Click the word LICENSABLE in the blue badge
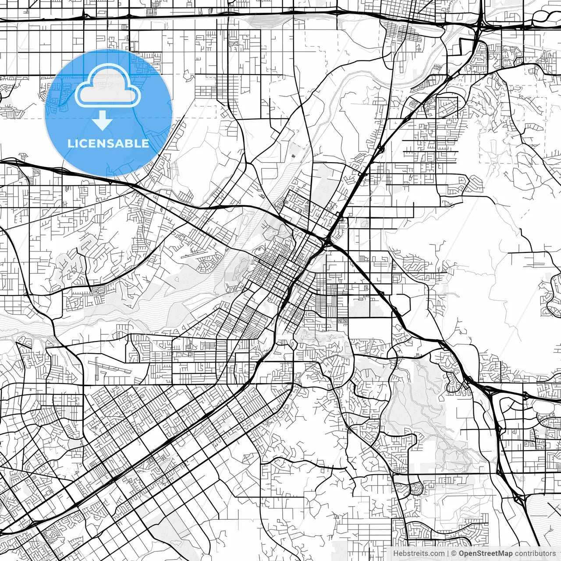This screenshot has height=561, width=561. pos(108,143)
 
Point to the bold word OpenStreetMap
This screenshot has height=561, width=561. pos(485,554)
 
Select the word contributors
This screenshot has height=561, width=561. pos(535,554)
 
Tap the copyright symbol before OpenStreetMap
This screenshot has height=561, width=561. pos(454,554)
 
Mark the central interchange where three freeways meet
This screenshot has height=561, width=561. pos(328,241)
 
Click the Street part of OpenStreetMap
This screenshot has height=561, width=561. pos(487,554)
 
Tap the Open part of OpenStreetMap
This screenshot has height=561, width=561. pos(467,554)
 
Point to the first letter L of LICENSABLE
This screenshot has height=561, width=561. pos(71,143)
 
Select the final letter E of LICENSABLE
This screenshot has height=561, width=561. pos(146,143)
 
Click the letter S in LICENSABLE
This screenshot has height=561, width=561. pos(110,143)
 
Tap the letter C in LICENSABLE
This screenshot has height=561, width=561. pos(83,143)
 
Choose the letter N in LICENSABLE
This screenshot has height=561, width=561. pos(101,143)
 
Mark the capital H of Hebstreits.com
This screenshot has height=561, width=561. pos(396,554)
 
